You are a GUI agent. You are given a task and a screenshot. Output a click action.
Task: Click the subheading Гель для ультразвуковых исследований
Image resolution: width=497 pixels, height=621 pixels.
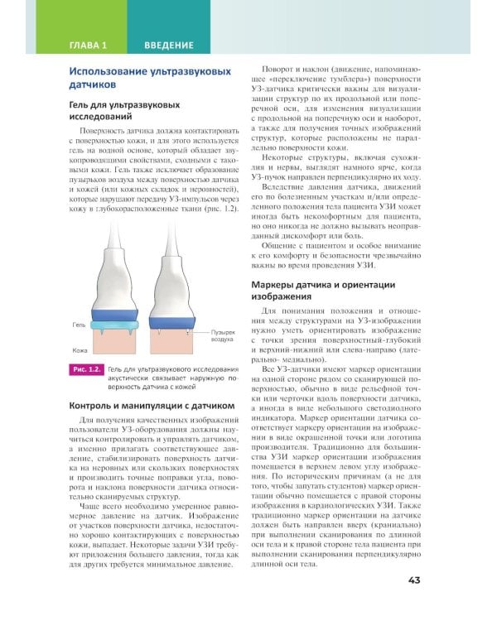[124, 113]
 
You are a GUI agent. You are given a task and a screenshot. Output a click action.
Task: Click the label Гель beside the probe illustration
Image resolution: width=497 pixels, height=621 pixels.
[78, 325]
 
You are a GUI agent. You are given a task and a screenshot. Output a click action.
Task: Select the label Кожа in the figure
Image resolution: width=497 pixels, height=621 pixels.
[79, 350]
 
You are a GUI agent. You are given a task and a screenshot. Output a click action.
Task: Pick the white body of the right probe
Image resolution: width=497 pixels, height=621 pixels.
[173, 265]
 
